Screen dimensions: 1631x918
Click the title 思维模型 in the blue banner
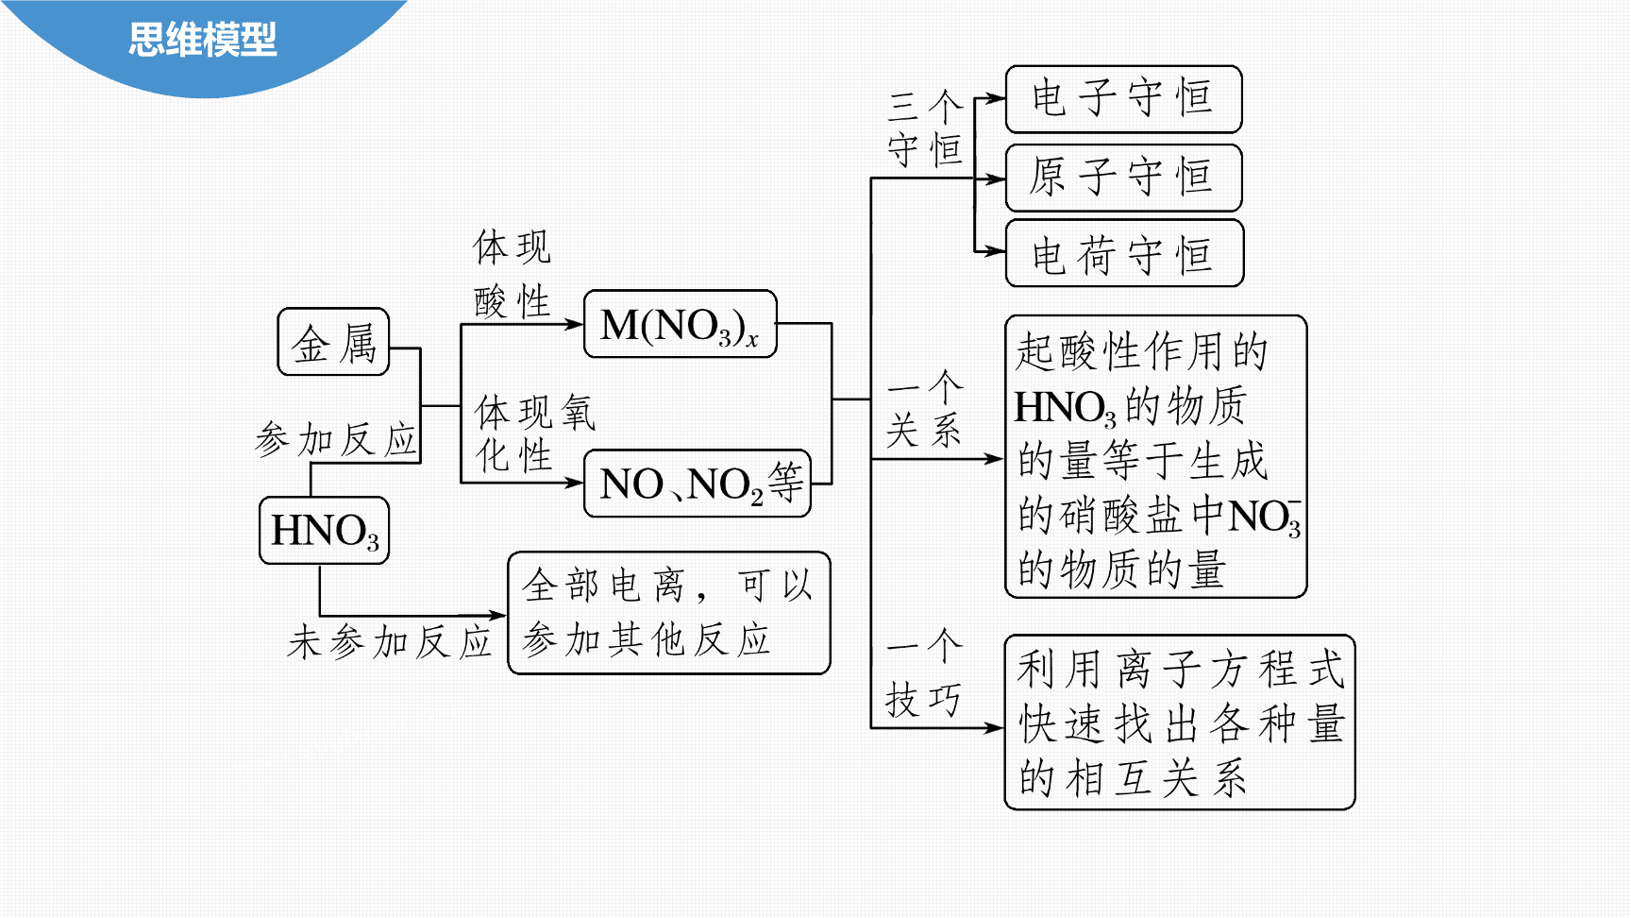pyautogui.click(x=202, y=40)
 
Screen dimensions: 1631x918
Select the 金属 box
pyautogui.click(x=334, y=342)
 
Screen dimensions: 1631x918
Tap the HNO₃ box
pyautogui.click(x=325, y=531)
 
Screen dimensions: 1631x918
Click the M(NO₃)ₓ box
pyautogui.click(x=681, y=324)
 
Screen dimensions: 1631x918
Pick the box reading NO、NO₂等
pyautogui.click(x=698, y=484)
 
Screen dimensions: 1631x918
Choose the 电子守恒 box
pyautogui.click(x=1123, y=99)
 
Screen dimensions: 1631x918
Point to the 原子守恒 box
pyautogui.click(x=1123, y=178)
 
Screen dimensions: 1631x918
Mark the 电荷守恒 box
pyautogui.click(x=1124, y=253)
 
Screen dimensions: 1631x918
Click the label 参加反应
pyautogui.click(x=336, y=440)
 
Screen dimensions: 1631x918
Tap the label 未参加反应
pyautogui.click(x=390, y=642)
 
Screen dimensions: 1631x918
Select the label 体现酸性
pyautogui.click(x=513, y=274)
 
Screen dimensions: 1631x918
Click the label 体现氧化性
pyautogui.click(x=534, y=433)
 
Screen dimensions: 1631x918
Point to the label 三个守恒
pyautogui.click(x=925, y=129)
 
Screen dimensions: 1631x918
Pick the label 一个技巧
pyautogui.click(x=925, y=674)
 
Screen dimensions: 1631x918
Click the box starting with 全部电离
pyautogui.click(x=669, y=613)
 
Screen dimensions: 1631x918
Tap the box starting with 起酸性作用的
pyautogui.click(x=1156, y=456)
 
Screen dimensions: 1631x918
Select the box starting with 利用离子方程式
pyautogui.click(x=1180, y=722)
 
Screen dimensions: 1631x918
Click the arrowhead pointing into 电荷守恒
pyautogui.click(x=996, y=252)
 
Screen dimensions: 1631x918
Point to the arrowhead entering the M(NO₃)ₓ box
pyautogui.click(x=575, y=324)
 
